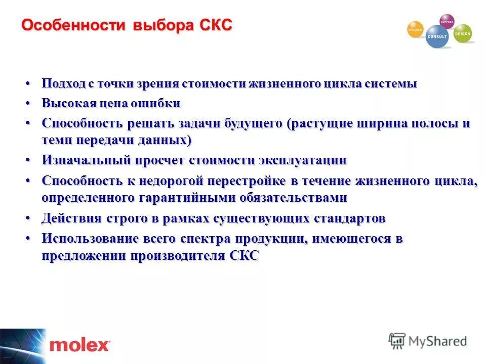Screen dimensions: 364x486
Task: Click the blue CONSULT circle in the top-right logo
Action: [x=436, y=37]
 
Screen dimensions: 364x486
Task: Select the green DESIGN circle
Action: [x=462, y=33]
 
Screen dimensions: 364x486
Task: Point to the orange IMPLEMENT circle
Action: [x=415, y=29]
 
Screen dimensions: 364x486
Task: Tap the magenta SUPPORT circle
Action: [x=447, y=21]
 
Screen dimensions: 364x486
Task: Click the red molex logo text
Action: [x=79, y=346]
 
